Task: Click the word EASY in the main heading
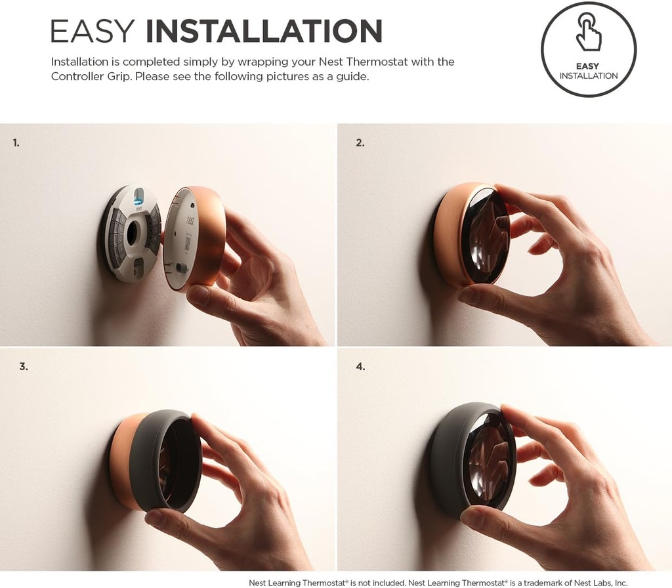click(x=93, y=31)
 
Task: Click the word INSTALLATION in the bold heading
click(x=264, y=31)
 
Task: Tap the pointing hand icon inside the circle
click(x=588, y=33)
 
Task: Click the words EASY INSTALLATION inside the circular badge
click(x=588, y=71)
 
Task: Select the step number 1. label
click(x=16, y=142)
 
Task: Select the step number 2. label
click(x=360, y=142)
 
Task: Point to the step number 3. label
click(x=24, y=367)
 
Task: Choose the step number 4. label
click(x=360, y=367)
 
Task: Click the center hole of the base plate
click(x=134, y=233)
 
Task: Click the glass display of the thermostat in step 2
click(x=485, y=236)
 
